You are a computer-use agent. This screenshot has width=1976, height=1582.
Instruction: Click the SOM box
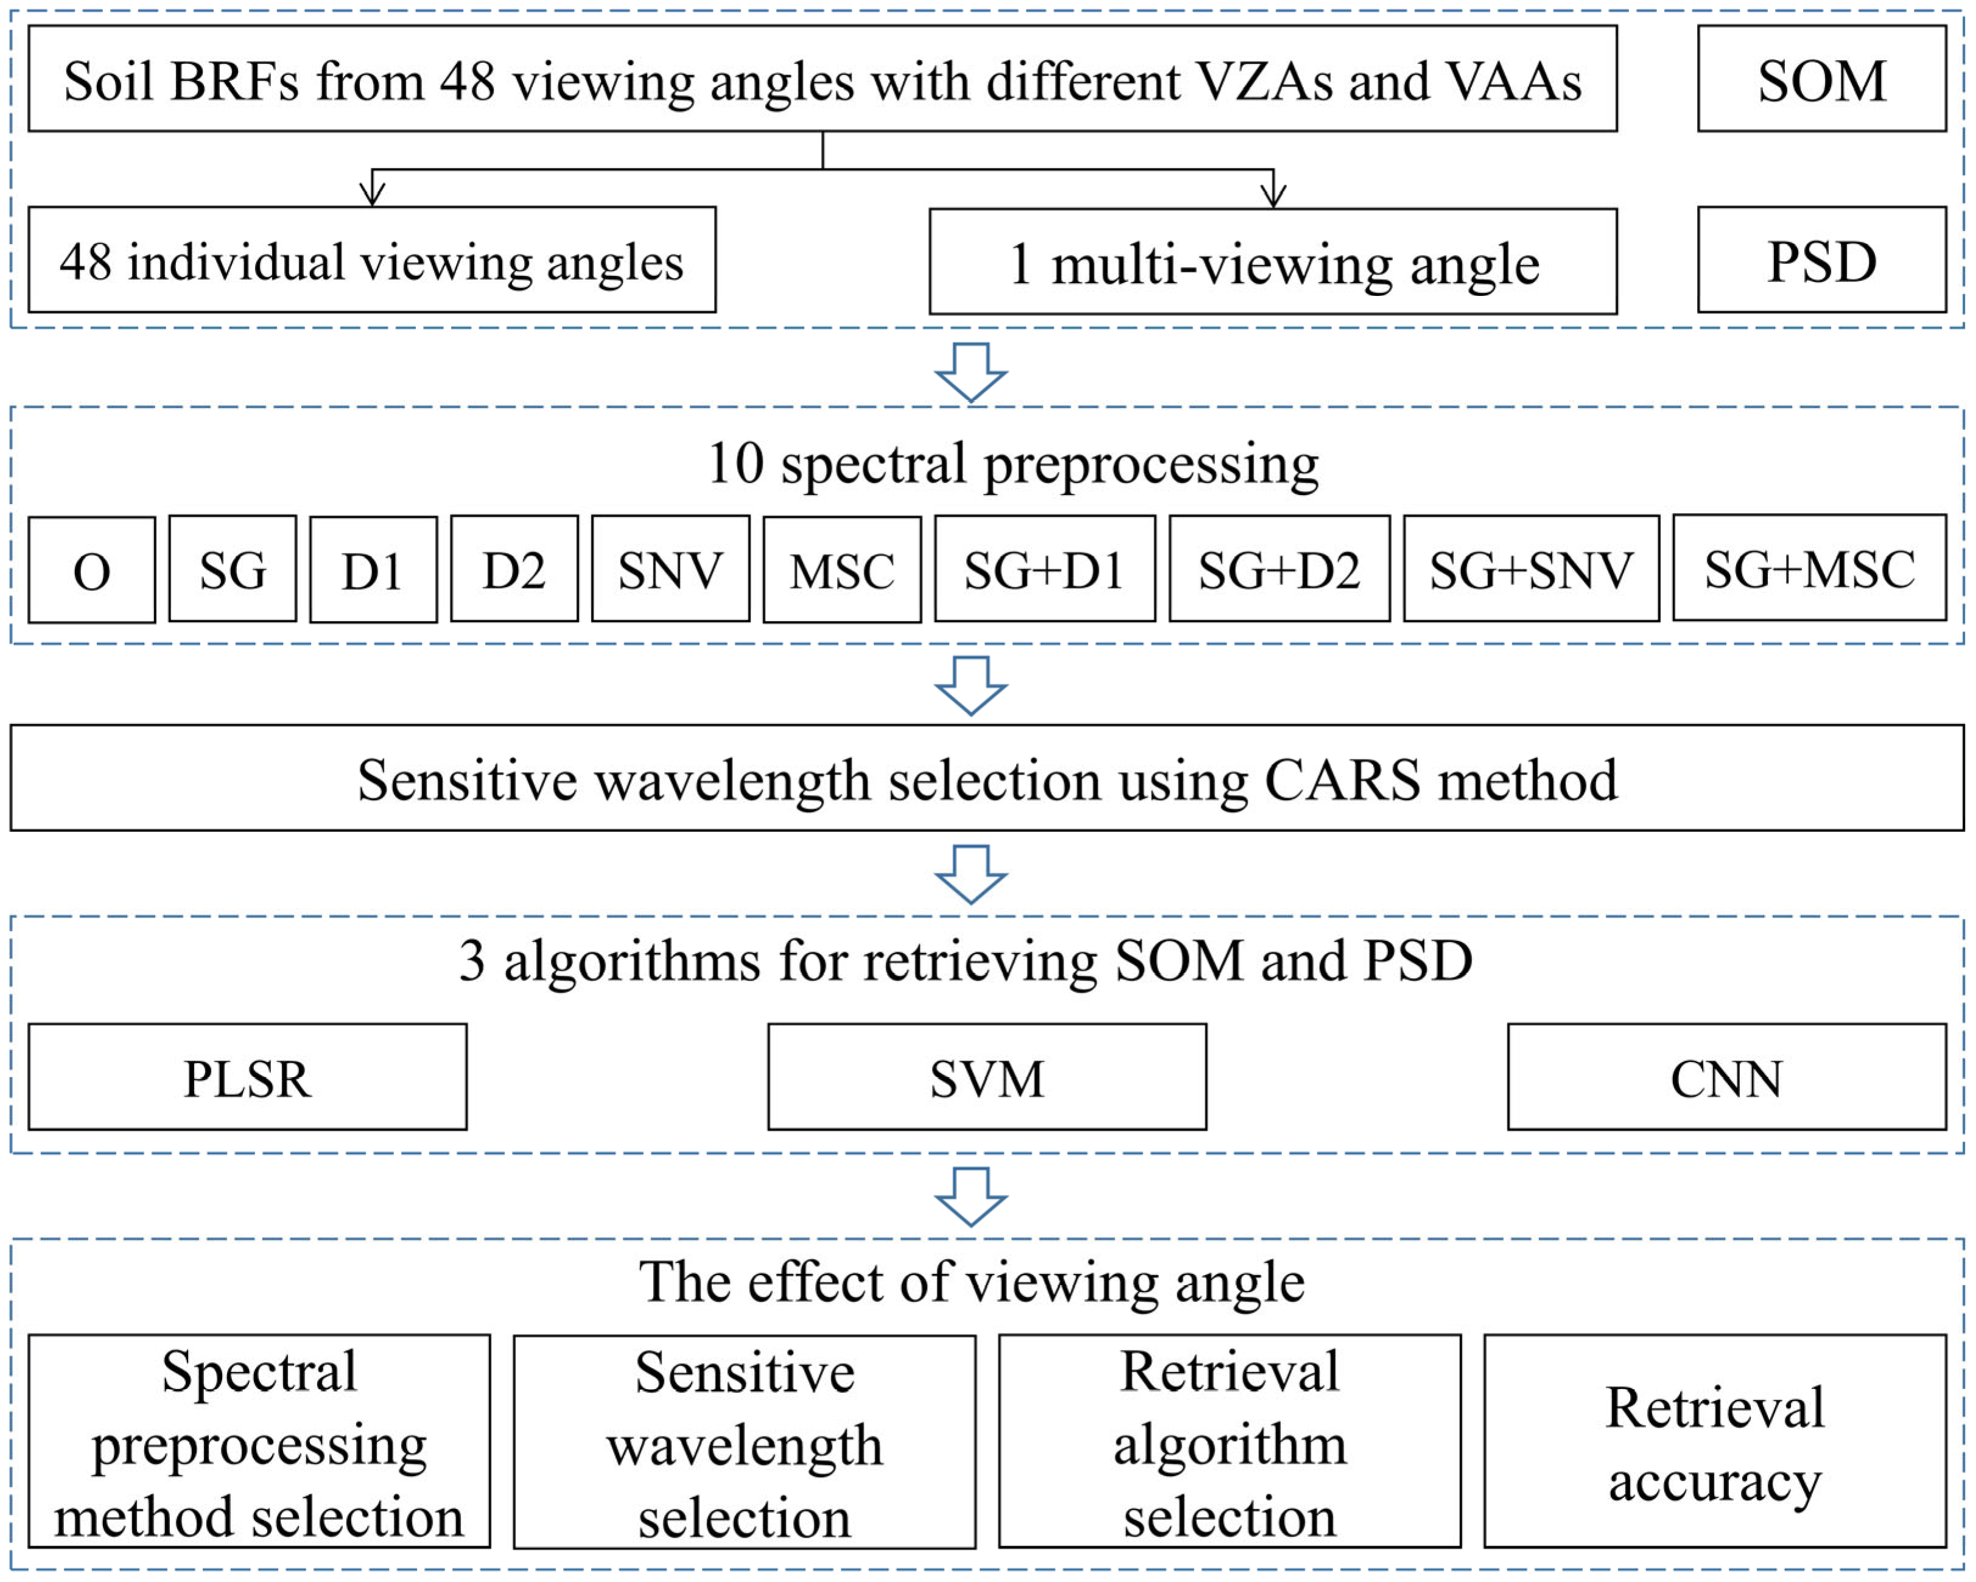tap(1821, 79)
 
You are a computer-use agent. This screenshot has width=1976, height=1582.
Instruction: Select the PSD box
tap(1821, 260)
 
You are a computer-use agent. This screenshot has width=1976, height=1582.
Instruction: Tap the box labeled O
tap(92, 570)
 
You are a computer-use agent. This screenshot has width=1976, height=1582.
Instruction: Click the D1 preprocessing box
tap(373, 570)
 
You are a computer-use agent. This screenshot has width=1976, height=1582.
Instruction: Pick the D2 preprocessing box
tap(514, 569)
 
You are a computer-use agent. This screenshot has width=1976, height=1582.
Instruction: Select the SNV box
tap(670, 569)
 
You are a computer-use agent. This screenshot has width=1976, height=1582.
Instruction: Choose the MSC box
tap(841, 570)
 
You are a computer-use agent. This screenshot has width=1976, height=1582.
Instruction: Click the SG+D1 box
tap(1044, 569)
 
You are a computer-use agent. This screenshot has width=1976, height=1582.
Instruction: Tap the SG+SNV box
tap(1530, 569)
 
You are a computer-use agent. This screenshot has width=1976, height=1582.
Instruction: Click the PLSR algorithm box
tap(248, 1077)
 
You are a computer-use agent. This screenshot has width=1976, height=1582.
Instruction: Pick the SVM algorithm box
tap(987, 1077)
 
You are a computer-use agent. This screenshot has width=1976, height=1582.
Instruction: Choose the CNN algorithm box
tap(1726, 1077)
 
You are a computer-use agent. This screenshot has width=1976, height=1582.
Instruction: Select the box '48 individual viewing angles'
tap(372, 260)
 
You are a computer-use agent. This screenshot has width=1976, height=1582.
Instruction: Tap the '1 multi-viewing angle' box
tap(1273, 262)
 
